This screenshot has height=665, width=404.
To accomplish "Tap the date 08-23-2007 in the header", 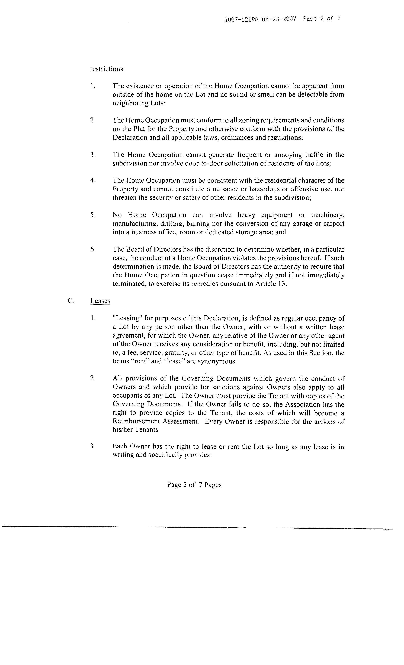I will pyautogui.click(x=279, y=19).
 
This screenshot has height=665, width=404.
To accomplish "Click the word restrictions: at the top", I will pyautogui.click(x=107, y=69).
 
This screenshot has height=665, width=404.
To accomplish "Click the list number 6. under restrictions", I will pyautogui.click(x=93, y=249).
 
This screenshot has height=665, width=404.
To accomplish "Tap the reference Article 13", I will pyautogui.click(x=270, y=284).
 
